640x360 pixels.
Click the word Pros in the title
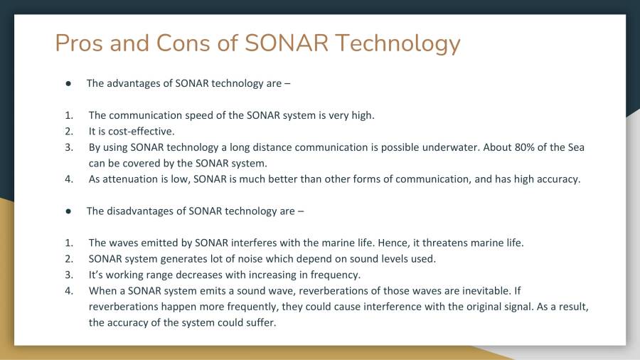[x=79, y=43]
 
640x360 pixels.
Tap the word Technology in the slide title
[x=398, y=43]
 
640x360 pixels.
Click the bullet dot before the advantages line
[x=68, y=83]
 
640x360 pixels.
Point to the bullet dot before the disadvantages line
[x=68, y=211]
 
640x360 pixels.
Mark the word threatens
[x=444, y=243]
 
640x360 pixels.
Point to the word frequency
[x=334, y=275]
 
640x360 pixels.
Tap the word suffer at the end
[x=260, y=322]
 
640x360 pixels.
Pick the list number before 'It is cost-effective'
[x=69, y=132]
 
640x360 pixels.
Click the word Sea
[x=575, y=147]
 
